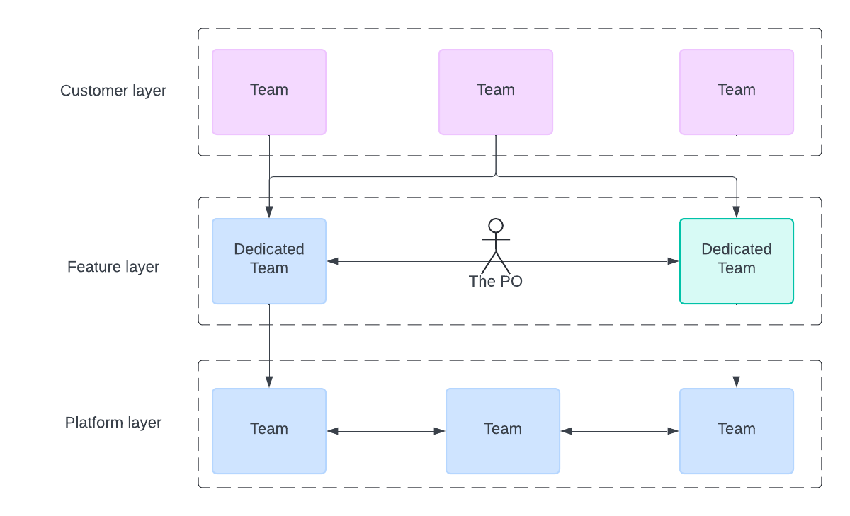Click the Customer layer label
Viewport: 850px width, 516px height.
(113, 91)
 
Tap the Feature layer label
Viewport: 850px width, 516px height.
(113, 267)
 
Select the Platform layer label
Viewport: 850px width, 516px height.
(113, 423)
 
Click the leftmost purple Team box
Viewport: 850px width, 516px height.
(269, 92)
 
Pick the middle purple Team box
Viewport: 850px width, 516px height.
(496, 92)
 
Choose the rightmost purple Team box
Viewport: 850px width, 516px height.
(737, 92)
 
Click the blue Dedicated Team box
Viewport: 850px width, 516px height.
(269, 261)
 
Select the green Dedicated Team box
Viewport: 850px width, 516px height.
(737, 261)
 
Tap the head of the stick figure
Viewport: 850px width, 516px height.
(496, 226)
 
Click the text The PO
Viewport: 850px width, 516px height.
(496, 281)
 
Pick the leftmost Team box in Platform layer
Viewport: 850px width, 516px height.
(269, 431)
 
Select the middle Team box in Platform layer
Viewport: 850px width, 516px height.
(503, 431)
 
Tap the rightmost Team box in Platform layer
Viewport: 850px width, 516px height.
(737, 431)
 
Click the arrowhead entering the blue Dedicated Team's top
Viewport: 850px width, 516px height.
(269, 212)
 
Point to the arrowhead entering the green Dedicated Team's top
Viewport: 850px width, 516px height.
(737, 212)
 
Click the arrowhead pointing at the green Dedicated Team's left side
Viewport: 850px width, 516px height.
(673, 261)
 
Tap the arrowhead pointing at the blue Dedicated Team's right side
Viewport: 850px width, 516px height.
(332, 261)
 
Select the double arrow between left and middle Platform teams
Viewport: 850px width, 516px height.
(386, 431)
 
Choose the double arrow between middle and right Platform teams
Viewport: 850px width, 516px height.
(620, 431)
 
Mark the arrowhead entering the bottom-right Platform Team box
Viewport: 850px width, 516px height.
(737, 382)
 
